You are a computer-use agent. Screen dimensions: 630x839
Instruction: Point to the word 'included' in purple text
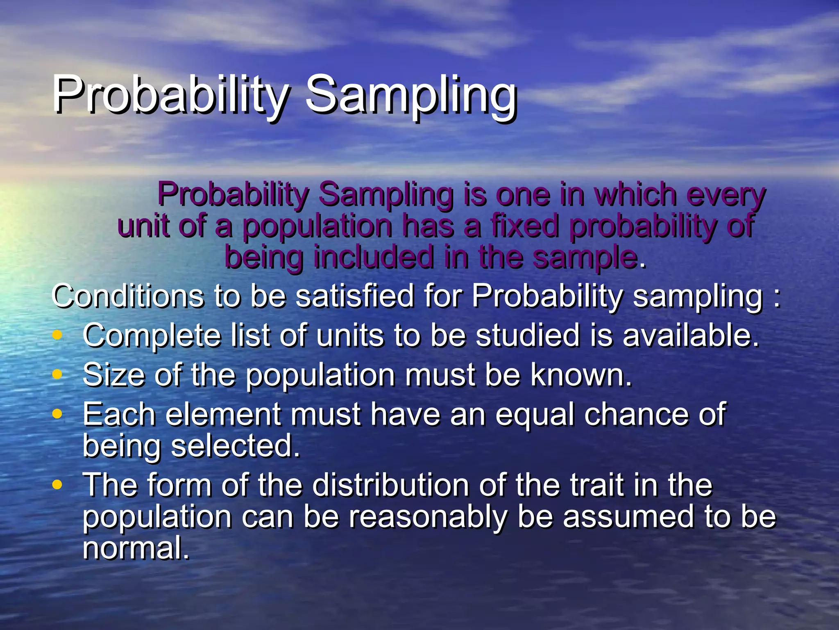click(x=374, y=257)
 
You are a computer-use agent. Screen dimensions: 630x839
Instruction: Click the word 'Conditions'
click(x=128, y=296)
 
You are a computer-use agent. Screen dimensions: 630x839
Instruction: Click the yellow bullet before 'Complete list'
click(x=57, y=335)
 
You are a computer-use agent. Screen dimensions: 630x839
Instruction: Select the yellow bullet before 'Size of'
click(x=57, y=374)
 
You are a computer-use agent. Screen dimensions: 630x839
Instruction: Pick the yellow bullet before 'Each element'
click(x=57, y=413)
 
